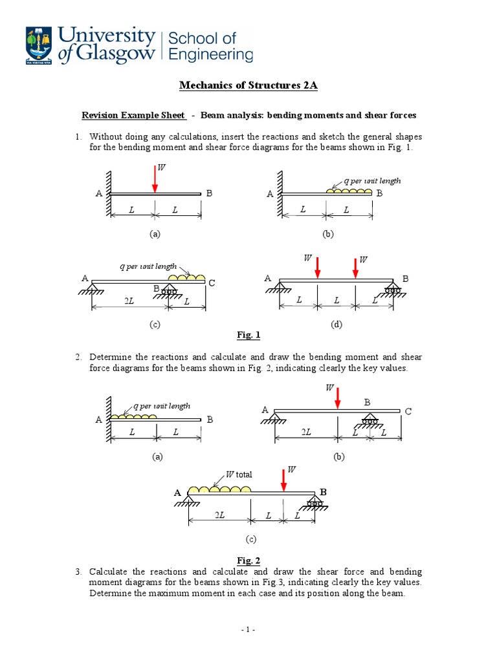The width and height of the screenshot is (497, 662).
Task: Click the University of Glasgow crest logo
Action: point(38,45)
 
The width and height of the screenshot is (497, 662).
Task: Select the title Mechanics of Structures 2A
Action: point(248,86)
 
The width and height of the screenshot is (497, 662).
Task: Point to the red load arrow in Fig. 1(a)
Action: point(155,178)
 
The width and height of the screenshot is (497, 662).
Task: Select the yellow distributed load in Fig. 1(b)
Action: point(349,190)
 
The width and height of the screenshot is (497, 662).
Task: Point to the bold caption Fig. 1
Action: point(248,335)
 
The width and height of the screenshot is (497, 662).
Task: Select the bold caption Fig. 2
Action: point(248,561)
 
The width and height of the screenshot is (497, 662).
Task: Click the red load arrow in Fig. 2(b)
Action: point(337,396)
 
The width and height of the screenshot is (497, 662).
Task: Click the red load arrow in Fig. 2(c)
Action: point(283,480)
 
